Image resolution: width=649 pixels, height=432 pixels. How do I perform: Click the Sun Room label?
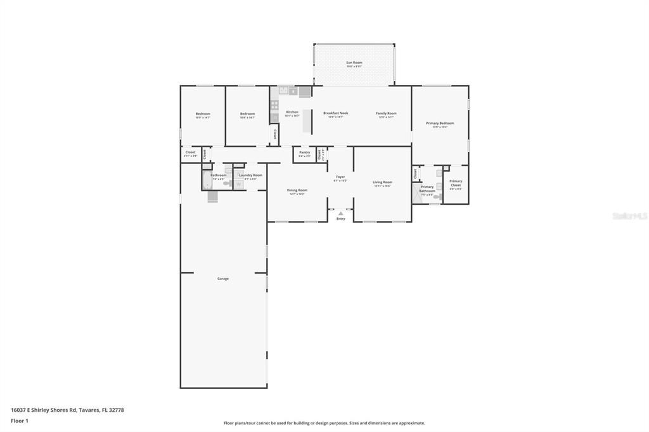[x=354, y=62]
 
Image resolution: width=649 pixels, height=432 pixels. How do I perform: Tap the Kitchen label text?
[x=292, y=112]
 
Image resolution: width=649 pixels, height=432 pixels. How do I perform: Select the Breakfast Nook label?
[x=335, y=113]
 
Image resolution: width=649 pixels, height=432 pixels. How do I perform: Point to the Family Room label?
[x=386, y=113]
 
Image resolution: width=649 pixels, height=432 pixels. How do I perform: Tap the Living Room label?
[x=382, y=182]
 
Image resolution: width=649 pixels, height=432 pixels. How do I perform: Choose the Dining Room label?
[x=297, y=190]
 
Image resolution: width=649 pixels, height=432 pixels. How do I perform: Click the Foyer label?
[x=340, y=177]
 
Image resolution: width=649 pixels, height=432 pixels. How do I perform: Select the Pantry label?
[x=305, y=152]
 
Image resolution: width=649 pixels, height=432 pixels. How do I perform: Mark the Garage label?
[x=223, y=279]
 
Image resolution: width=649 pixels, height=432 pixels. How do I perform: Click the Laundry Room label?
[x=250, y=175]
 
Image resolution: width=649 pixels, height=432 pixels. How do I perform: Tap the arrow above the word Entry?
[x=340, y=213]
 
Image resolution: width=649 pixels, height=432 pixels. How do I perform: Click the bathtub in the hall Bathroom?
[x=207, y=183]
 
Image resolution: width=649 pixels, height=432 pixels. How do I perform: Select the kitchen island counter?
[x=307, y=121]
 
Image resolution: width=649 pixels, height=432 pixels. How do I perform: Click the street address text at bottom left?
[x=67, y=410]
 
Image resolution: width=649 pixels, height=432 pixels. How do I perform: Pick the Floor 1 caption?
[x=20, y=421]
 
